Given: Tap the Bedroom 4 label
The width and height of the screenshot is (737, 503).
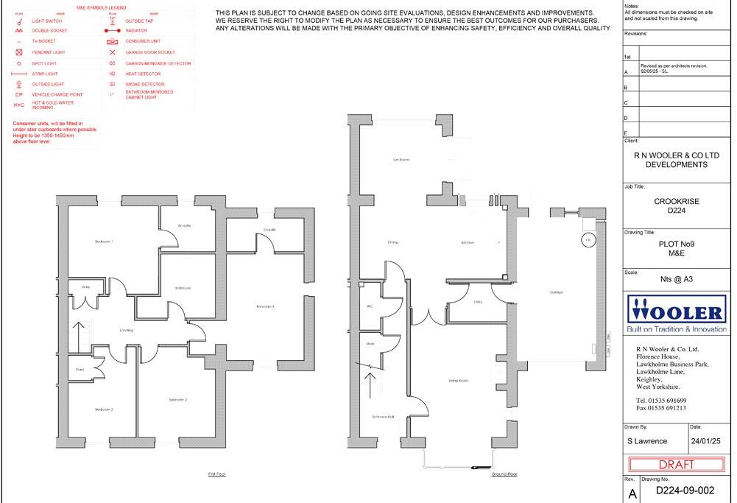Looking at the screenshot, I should coord(265,306).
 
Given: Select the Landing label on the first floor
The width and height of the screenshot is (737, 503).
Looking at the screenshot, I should coord(127,330).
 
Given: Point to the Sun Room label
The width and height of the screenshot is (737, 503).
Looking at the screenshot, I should coord(401,159).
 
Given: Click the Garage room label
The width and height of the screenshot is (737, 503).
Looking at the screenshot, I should coord(556,292).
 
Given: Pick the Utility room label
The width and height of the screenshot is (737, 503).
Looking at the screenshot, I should coord(477,302).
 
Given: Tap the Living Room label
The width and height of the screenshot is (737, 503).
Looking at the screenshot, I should coord(459,381).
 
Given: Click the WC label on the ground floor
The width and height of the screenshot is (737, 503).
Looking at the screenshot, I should coord(370,306).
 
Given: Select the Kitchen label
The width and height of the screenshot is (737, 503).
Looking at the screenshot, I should coord(468,242).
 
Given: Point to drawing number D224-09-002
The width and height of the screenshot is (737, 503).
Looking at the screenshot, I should coord(684,490).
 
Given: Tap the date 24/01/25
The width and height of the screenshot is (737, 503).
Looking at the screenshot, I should coord(705,441).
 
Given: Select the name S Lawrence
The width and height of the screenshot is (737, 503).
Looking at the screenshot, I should coord(646,441).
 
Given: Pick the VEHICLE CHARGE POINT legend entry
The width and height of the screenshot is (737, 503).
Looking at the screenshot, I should coord(57,95).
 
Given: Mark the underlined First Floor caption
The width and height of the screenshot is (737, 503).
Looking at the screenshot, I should coord(216,474).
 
